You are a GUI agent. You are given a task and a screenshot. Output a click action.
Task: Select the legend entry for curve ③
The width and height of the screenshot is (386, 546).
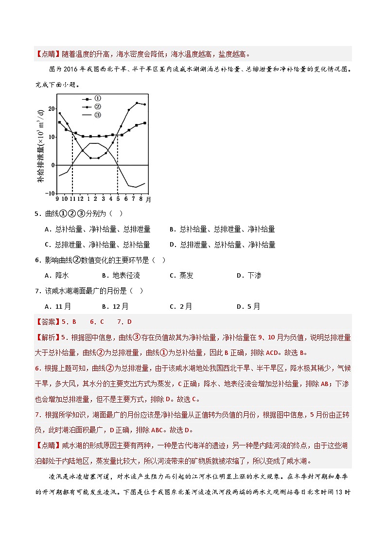(90, 115)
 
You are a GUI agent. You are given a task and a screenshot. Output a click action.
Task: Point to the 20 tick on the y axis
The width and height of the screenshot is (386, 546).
(52, 109)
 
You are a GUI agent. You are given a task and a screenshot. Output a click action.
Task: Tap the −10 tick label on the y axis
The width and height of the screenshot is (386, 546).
(51, 193)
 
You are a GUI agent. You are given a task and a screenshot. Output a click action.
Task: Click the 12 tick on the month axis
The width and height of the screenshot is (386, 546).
(80, 199)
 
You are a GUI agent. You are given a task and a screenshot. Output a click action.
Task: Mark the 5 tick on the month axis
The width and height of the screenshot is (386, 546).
(118, 199)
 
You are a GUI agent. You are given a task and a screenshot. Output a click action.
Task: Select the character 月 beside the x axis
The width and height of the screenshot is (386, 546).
(148, 199)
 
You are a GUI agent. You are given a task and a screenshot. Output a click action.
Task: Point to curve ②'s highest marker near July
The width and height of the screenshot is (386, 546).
(137, 103)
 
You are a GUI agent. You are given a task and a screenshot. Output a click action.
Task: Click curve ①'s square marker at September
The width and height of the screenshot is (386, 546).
(59, 122)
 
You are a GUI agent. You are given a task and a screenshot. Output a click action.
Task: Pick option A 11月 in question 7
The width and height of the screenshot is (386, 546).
(58, 306)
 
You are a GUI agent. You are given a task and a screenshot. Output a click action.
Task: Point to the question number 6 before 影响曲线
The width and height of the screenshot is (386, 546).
(37, 260)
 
